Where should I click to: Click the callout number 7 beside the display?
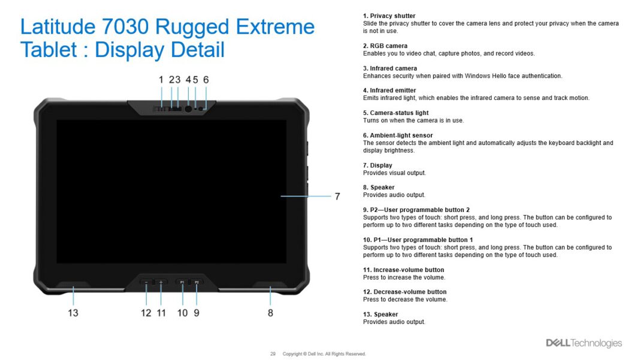pyautogui.click(x=337, y=196)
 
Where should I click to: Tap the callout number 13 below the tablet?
pyautogui.click(x=73, y=313)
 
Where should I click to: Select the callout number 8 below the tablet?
pyautogui.click(x=270, y=313)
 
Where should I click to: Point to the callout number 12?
pyautogui.click(x=146, y=313)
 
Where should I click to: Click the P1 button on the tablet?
pyautogui.click(x=182, y=282)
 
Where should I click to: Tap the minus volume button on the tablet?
pyautogui.click(x=147, y=282)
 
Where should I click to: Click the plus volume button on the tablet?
pyautogui.click(x=161, y=282)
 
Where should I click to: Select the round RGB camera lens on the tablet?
pyautogui.click(x=188, y=109)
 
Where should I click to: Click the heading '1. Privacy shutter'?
pyautogui.click(x=389, y=16)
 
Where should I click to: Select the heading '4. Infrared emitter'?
pyautogui.click(x=389, y=90)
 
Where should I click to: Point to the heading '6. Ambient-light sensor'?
pyautogui.click(x=397, y=135)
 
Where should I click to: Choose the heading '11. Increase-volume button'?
pyautogui.click(x=403, y=270)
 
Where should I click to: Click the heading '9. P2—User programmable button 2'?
pyautogui.click(x=416, y=210)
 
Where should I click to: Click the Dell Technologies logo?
pyautogui.click(x=584, y=343)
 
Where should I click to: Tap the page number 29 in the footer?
pyautogui.click(x=273, y=354)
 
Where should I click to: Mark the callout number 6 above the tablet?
pyautogui.click(x=206, y=80)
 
